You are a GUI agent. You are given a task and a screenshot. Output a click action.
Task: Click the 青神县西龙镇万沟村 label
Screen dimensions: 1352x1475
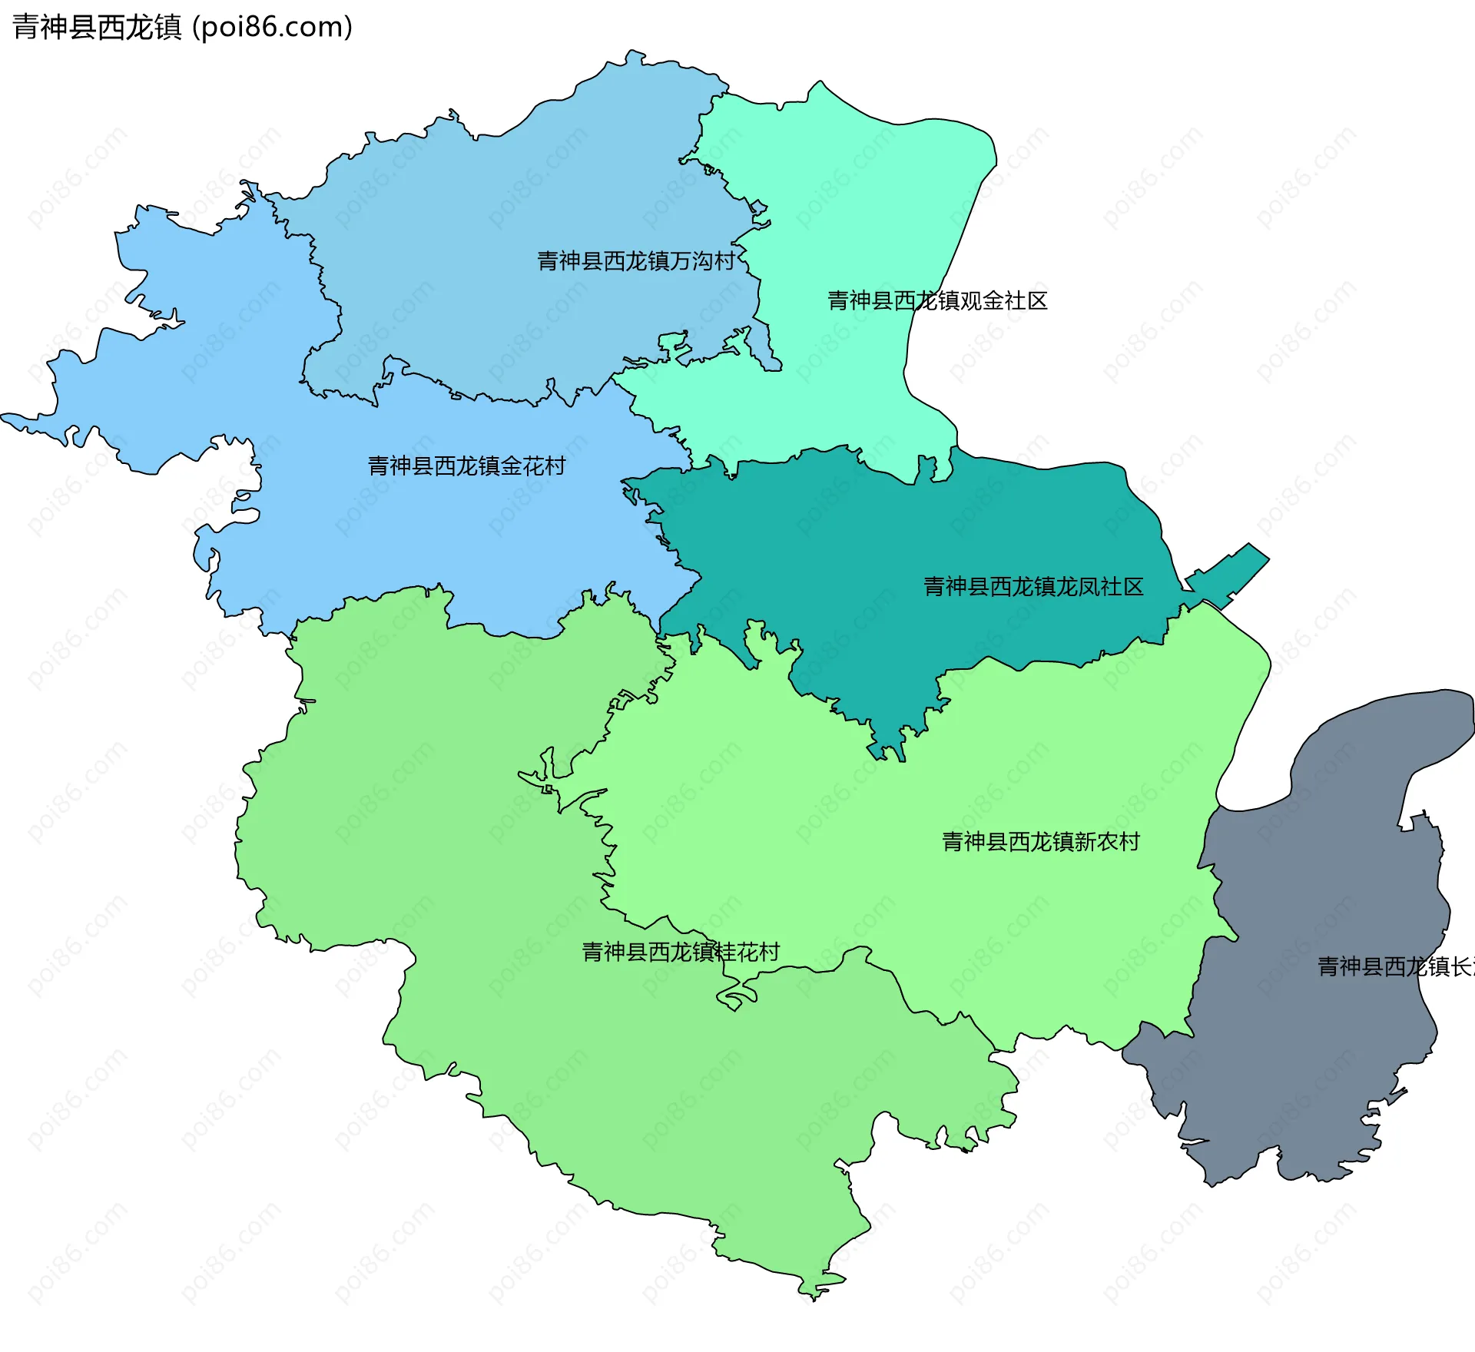tap(636, 262)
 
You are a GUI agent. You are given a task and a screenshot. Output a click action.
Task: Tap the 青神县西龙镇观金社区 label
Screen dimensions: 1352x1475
tap(937, 301)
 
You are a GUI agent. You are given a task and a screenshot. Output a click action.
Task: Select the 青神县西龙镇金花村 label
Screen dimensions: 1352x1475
tap(466, 466)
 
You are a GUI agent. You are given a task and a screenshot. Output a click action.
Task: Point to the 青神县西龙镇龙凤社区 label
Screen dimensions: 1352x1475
tap(1033, 588)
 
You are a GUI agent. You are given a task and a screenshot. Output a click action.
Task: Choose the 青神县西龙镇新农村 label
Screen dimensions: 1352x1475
tap(1041, 843)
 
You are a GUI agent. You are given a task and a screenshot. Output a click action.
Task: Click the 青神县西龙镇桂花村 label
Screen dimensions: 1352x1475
tap(681, 953)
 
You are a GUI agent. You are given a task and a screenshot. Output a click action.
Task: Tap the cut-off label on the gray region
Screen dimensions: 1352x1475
tap(1395, 967)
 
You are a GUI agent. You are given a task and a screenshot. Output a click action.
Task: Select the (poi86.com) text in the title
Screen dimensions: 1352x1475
tap(272, 27)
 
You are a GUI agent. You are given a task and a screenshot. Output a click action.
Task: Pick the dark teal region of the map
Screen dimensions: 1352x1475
tap(883, 553)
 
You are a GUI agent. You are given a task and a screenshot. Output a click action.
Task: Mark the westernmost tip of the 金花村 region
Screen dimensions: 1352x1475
tap(6, 418)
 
